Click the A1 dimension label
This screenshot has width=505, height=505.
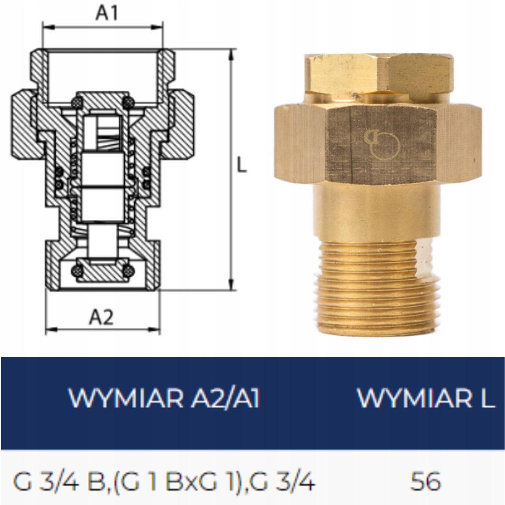pos(107,13)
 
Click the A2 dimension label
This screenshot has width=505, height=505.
pos(101,317)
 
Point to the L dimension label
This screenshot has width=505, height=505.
pos(242,166)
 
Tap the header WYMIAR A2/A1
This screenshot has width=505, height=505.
pos(164,398)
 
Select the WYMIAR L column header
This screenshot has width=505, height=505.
pos(426,398)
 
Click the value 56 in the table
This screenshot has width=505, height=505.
pos(425,482)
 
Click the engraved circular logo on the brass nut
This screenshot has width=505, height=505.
pos(382,144)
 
